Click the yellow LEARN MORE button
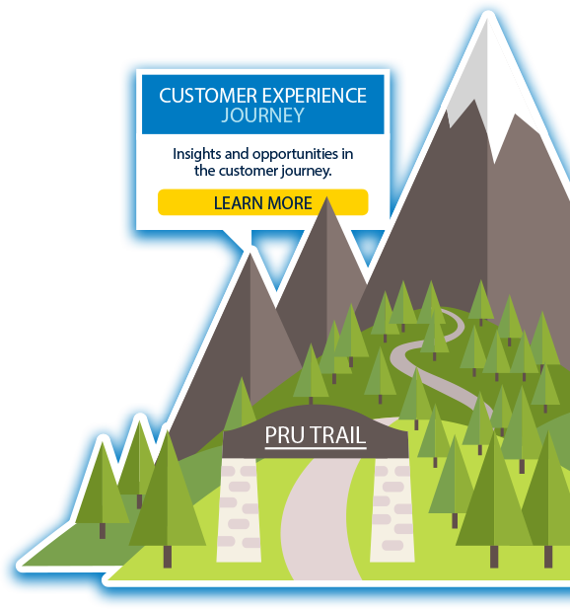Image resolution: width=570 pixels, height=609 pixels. pos(262,202)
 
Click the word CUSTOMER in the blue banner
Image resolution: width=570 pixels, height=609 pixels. pos(208,96)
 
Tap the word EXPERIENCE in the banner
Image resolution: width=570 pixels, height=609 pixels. pos(314,96)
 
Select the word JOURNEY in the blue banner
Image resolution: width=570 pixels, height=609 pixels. pos(262,115)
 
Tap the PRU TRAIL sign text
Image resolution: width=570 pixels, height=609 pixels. pos(316,435)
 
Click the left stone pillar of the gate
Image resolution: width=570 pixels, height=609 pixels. pos(239,509)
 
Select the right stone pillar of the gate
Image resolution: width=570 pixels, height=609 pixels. pos(392,509)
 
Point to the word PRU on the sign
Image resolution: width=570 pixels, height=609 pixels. pos(284,435)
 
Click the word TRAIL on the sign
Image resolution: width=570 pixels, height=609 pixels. pos(338,435)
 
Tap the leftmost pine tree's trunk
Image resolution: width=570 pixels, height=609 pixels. pos(103,531)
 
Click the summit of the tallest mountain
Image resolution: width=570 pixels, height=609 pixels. pos(487,19)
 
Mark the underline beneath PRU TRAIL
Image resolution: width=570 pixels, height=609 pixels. pos(316,448)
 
